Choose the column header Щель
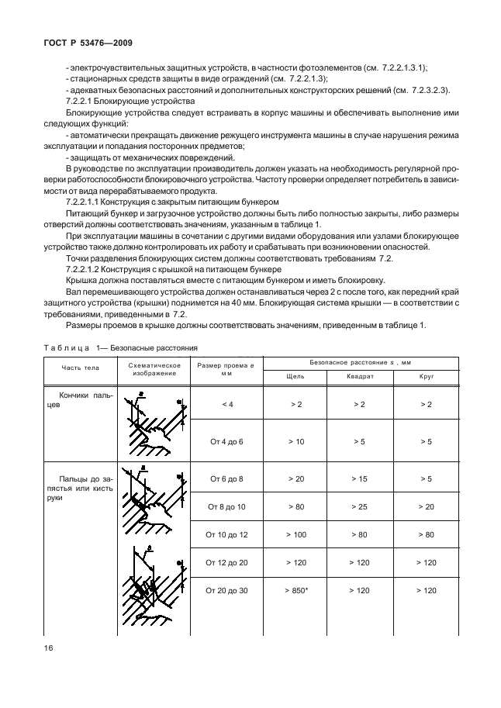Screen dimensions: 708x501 [295, 376]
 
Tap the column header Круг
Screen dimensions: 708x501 [426, 376]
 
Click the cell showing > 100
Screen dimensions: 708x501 [295, 534]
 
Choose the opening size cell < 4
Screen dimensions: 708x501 [226, 404]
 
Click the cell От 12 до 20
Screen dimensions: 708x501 [226, 562]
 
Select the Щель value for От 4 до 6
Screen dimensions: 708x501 [295, 441]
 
